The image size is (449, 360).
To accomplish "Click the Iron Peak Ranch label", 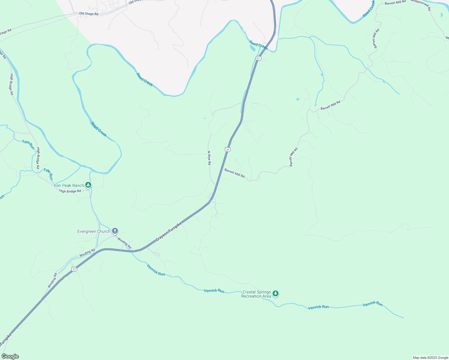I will pos(69,185).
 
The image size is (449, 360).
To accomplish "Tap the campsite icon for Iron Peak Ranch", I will pos(88,185).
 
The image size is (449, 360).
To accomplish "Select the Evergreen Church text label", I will pos(94,231).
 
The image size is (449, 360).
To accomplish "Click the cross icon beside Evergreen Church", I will pos(115,231).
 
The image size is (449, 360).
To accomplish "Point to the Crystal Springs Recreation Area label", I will pos(257,294).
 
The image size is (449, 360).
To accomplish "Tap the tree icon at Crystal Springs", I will pos(276,294).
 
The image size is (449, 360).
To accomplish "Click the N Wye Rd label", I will pos(209,158).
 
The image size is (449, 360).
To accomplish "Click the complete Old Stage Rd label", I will pos(89,14).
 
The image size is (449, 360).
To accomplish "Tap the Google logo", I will pos(10,356).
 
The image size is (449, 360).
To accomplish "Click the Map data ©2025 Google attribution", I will pos(430,358).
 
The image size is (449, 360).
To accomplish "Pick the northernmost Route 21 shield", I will pos(258,58).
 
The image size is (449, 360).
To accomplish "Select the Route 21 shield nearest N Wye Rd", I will pos(228,149).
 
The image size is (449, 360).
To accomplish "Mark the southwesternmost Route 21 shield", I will pos(74,269).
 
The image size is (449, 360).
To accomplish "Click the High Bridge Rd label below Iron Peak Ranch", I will pos(70,191).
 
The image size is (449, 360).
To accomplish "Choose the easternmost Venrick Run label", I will pos(372,304).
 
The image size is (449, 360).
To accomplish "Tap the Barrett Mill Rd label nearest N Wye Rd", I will pos(234,173).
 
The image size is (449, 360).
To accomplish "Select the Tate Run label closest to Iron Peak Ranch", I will pos(48,174).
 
